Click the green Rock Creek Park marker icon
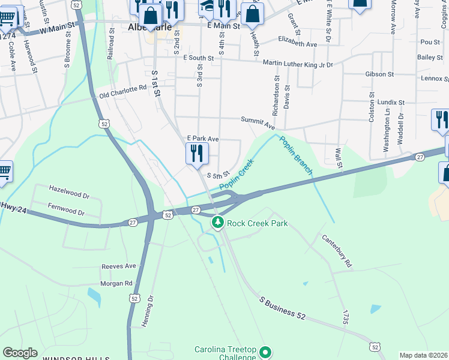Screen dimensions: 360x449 point(217,223)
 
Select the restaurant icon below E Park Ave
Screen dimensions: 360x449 point(197,154)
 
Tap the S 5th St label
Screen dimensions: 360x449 point(218,176)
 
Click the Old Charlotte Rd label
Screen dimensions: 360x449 point(123,91)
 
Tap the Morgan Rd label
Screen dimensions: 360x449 point(116,283)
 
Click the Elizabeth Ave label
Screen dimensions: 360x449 point(297,44)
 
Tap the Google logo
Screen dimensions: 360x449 point(20,353)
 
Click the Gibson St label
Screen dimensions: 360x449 point(379,74)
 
